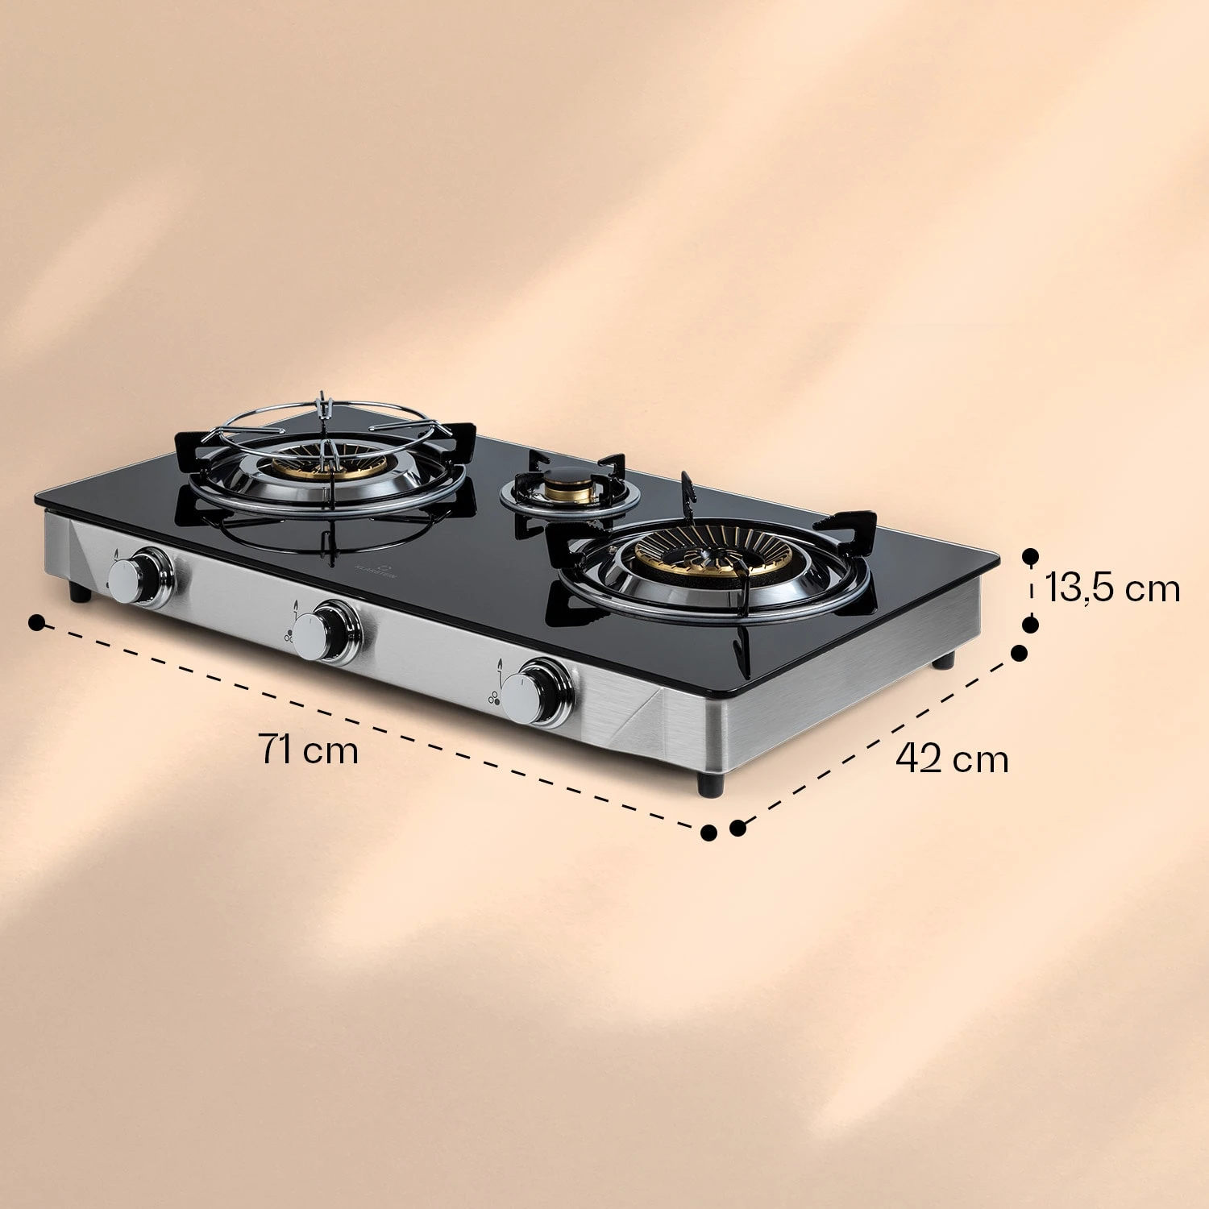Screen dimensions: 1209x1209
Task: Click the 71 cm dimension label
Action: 308,750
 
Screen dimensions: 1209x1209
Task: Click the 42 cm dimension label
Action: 952,758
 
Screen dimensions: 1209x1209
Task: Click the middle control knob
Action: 316,630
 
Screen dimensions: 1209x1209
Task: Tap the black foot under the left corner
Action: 79,593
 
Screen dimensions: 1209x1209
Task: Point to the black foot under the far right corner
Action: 944,661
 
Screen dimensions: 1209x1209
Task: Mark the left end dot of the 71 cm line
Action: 36,623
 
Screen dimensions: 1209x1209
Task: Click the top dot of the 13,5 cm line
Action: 1030,556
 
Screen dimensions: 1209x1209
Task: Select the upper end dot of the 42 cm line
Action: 1019,652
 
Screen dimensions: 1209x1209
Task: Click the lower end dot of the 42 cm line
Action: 737,828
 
